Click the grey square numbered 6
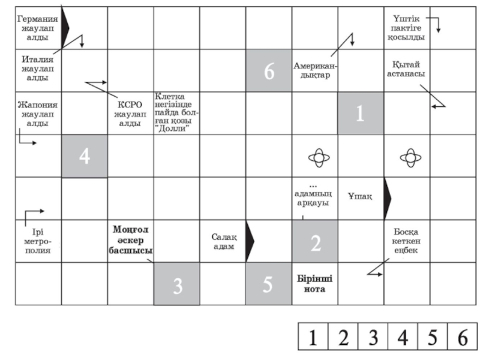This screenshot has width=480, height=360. pyautogui.click(x=268, y=71)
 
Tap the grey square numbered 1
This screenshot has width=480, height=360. pyautogui.click(x=359, y=113)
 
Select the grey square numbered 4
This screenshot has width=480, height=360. pyautogui.click(x=85, y=157)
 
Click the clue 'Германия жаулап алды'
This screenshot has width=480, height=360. pyautogui.click(x=38, y=28)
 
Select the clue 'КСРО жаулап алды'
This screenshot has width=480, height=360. pyautogui.click(x=130, y=113)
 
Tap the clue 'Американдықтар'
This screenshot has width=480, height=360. pyautogui.click(x=314, y=70)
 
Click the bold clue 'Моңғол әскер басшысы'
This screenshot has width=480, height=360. pyautogui.click(x=130, y=241)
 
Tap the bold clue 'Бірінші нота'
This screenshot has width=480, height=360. pyautogui.click(x=314, y=283)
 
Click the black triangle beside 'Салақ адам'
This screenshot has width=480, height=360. pyautogui.click(x=250, y=241)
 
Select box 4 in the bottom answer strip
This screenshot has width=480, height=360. pyautogui.click(x=403, y=338)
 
